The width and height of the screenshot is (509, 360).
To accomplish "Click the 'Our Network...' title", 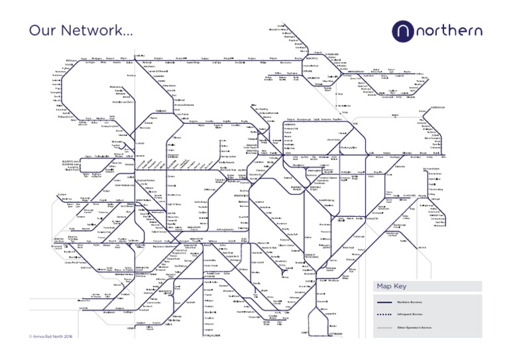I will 80,31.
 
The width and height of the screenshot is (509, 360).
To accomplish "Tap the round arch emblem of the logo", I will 404,30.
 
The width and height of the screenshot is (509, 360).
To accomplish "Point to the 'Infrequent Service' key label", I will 411,315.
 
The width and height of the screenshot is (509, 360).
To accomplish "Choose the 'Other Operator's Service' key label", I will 415,328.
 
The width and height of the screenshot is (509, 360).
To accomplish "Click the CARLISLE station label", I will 139,55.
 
